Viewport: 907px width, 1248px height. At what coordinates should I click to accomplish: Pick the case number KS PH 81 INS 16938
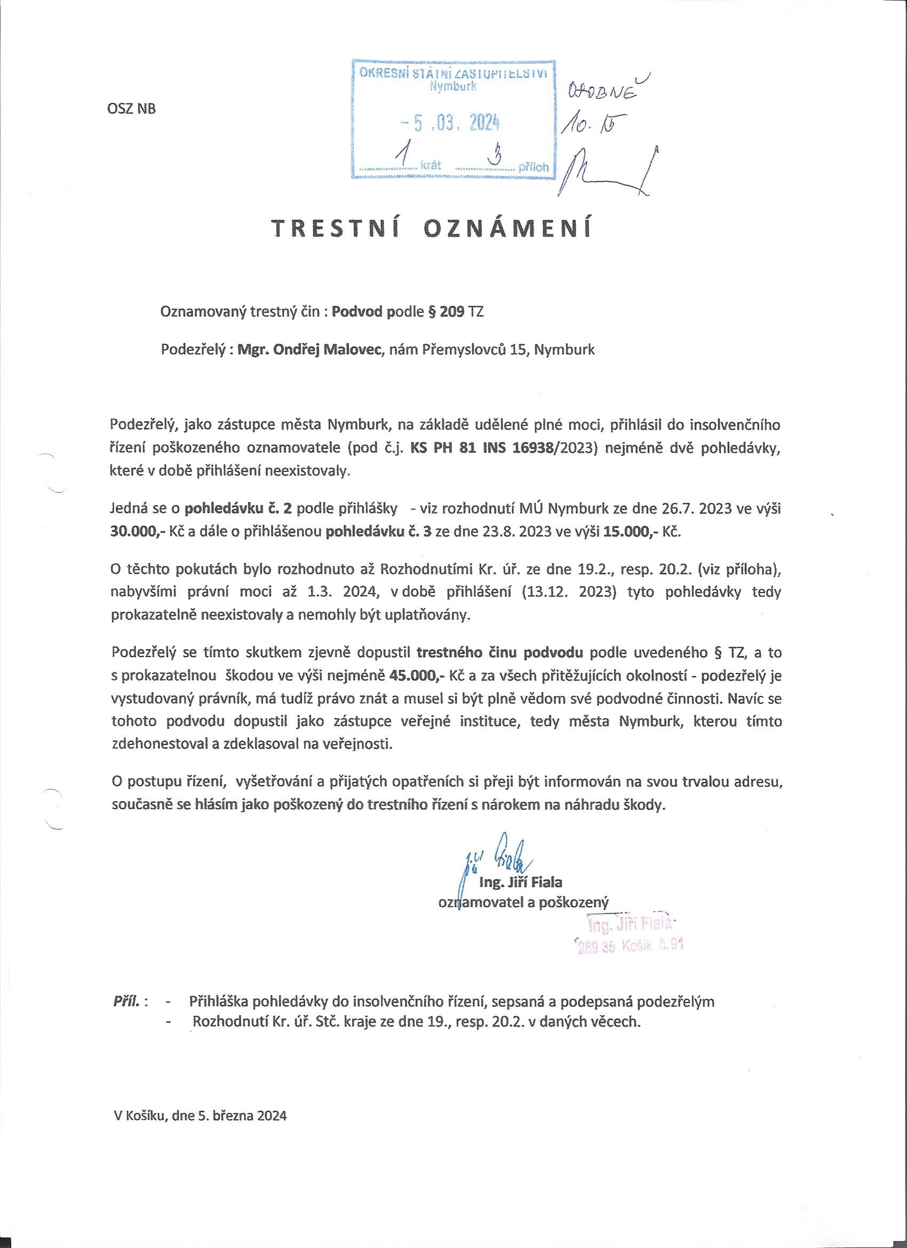(x=483, y=448)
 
